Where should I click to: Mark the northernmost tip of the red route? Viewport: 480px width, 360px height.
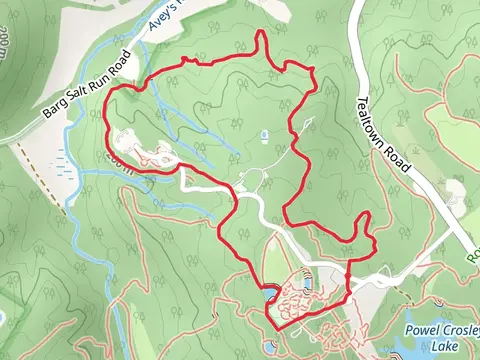pos(262,33)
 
